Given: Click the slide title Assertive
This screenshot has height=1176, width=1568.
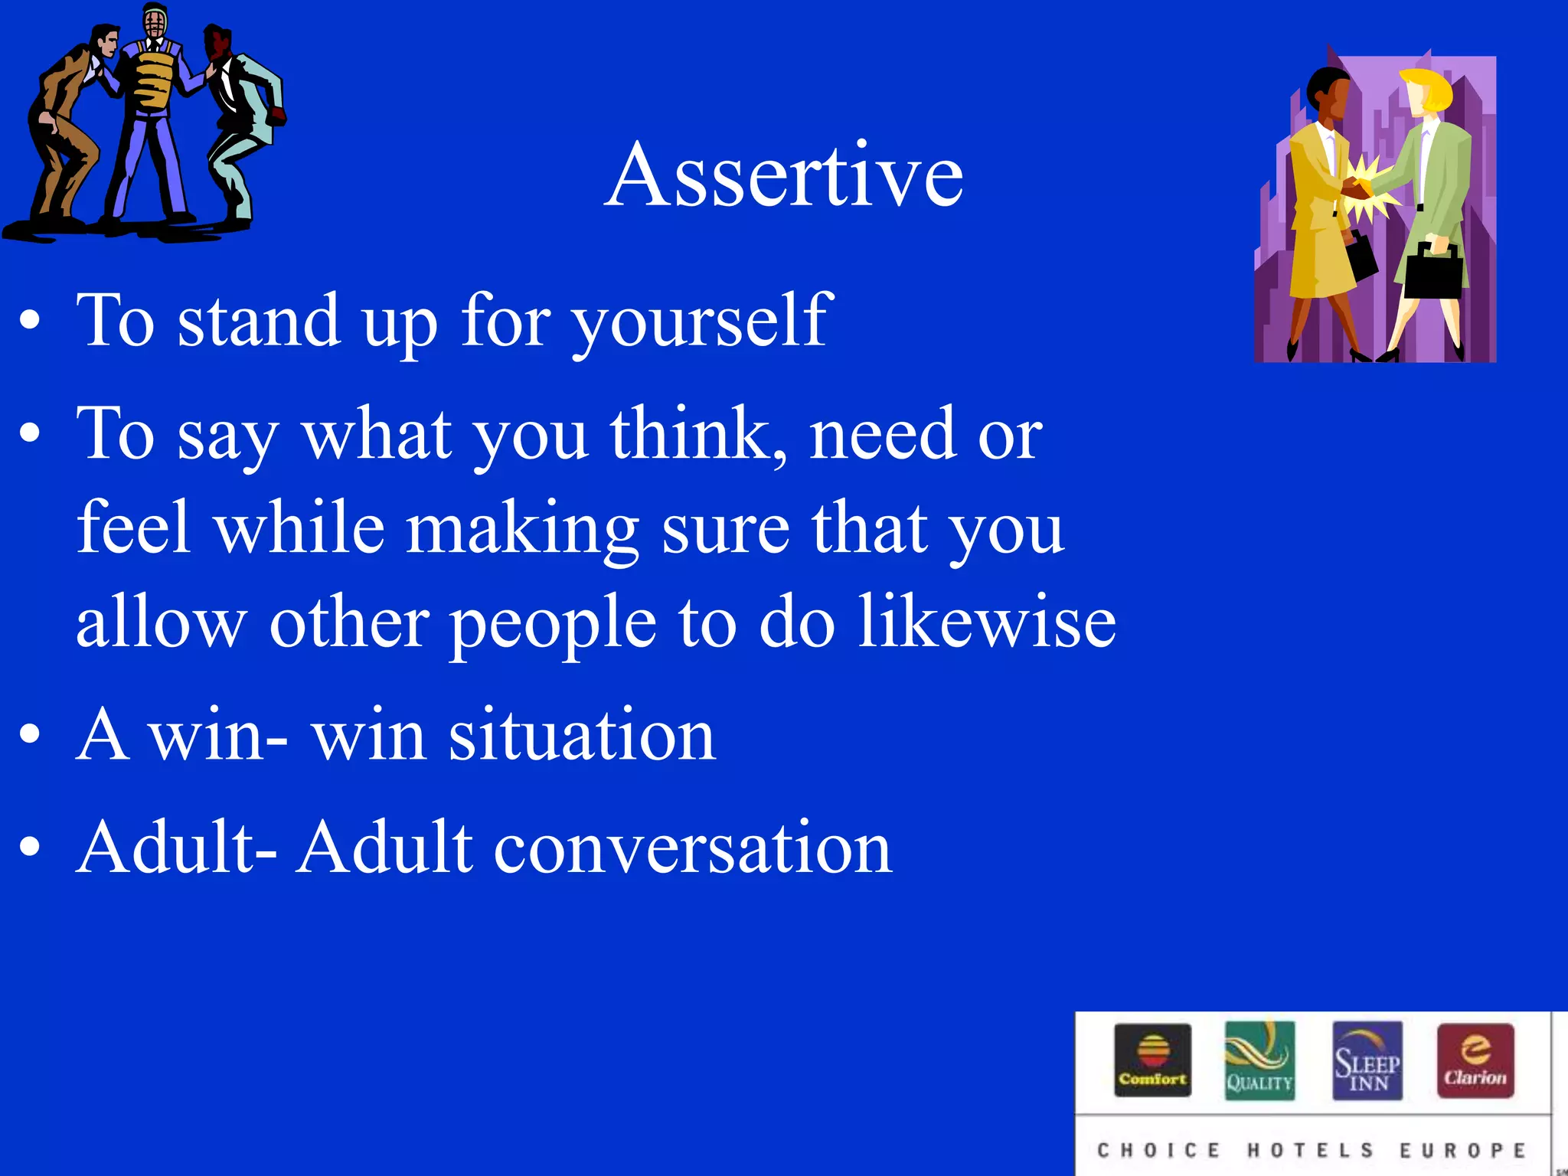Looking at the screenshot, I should (784, 176).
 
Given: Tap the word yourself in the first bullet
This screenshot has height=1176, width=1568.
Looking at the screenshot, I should (702, 322).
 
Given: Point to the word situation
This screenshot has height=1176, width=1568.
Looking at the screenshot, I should (582, 735).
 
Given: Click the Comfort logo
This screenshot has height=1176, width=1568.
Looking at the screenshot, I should (1152, 1060).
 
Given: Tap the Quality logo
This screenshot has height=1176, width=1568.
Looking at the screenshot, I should (1259, 1060).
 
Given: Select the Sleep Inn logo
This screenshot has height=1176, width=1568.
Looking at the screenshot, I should (1367, 1060).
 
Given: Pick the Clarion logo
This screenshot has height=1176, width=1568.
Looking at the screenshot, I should (1475, 1060).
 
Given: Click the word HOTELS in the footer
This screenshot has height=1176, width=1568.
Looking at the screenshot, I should (1310, 1150).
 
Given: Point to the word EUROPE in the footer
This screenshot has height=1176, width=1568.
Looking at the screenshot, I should (1462, 1150).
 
